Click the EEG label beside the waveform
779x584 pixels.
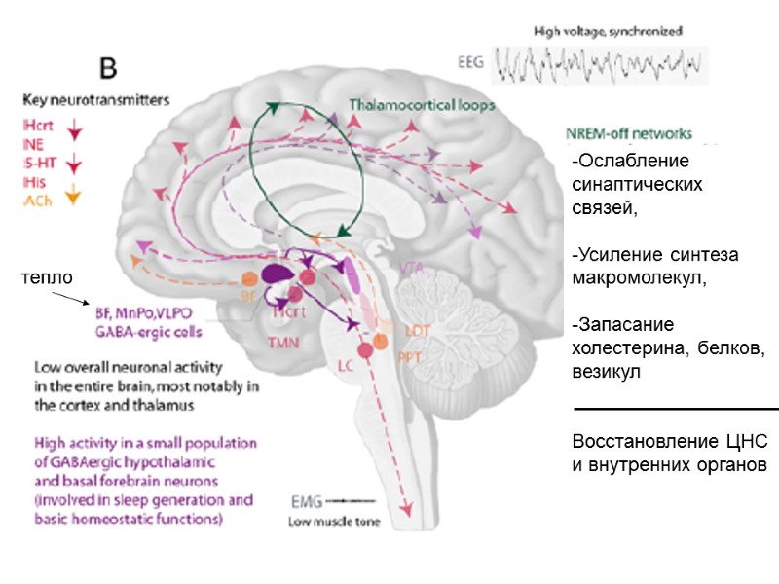470,62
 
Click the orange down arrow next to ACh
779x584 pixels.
70,194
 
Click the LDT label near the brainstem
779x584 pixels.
417,330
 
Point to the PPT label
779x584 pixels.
407,356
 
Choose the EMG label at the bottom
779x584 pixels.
304,502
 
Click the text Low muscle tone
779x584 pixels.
333,522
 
